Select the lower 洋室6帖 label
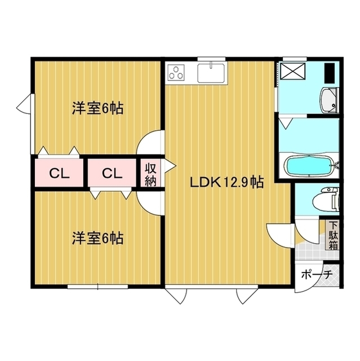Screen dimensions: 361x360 pyautogui.click(x=97, y=238)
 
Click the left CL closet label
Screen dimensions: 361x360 pyautogui.click(x=59, y=173)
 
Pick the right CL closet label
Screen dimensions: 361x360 pyautogui.click(x=112, y=173)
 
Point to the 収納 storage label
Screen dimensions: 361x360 pyautogui.click(x=150, y=174)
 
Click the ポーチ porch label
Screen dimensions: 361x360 pyautogui.click(x=317, y=276)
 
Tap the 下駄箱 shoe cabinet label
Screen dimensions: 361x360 pyautogui.click(x=334, y=235)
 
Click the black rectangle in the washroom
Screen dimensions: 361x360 pyautogui.click(x=330, y=71)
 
